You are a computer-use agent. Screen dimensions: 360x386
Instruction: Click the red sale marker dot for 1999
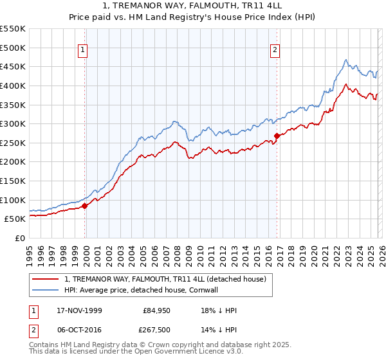85,206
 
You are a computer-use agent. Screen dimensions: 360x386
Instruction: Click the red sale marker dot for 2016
277,136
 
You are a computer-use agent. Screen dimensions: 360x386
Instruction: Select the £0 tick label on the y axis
21,238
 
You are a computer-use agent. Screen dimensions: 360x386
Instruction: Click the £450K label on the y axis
14,66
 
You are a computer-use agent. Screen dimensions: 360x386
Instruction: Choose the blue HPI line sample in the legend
46,290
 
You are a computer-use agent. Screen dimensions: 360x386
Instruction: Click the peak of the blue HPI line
345,60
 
